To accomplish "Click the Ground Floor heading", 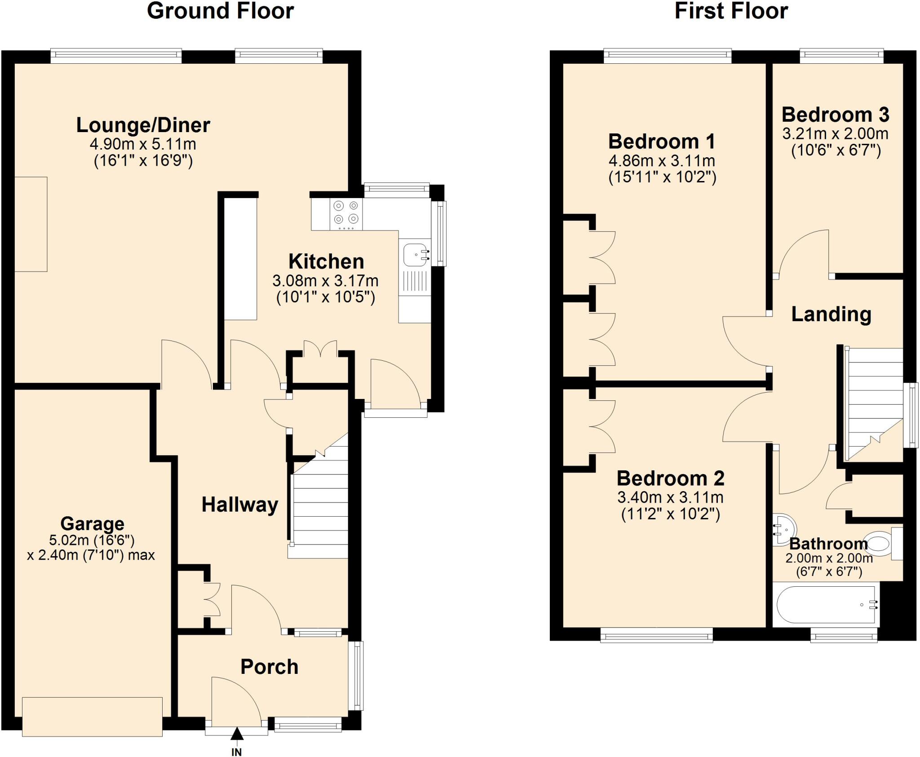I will tap(220, 11).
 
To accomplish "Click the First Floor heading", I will tap(731, 11).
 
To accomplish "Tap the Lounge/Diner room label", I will tap(143, 125).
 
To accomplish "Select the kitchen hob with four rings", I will tap(346, 212).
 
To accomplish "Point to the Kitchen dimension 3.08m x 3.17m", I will tap(325, 281).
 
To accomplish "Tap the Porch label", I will tap(269, 667).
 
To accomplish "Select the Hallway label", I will tap(240, 505).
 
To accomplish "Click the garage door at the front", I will tap(92, 716).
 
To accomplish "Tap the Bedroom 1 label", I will tap(661, 142).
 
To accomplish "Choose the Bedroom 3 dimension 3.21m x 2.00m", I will tap(835, 134).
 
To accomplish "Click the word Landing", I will tap(831, 314).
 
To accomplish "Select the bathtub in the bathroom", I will tap(826, 604).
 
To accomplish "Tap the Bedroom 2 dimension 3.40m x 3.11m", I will tap(670, 497).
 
